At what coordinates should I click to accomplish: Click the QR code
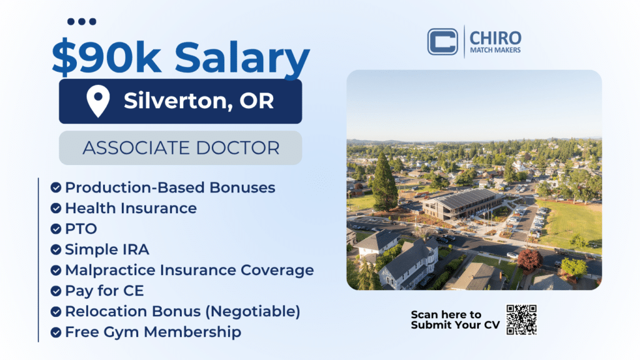click(521, 319)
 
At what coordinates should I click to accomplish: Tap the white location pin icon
click(98, 101)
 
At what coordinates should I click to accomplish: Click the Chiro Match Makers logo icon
click(442, 42)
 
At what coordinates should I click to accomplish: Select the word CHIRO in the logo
click(495, 38)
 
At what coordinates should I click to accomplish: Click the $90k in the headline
click(106, 57)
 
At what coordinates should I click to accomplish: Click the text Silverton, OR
click(199, 101)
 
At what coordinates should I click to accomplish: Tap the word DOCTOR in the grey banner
click(237, 147)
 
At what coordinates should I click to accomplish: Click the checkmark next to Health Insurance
click(56, 208)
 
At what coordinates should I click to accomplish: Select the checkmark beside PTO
click(56, 229)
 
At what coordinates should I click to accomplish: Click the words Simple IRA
click(107, 249)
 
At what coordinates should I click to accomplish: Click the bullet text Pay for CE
click(104, 291)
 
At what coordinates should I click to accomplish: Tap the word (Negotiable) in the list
click(252, 311)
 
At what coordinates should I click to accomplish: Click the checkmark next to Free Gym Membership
click(56, 332)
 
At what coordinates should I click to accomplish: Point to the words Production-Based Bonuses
click(170, 187)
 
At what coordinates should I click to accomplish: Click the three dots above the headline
click(82, 22)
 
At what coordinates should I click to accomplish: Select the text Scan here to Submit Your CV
click(455, 319)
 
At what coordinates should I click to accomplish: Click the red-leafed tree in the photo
click(529, 259)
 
